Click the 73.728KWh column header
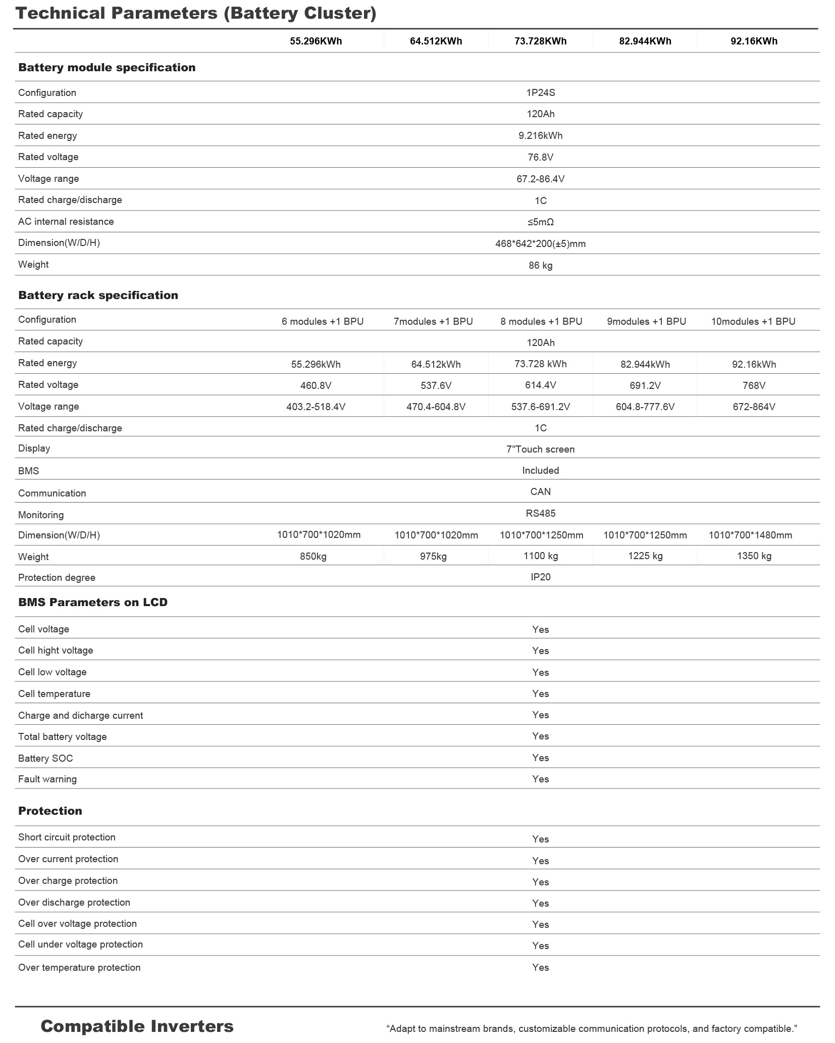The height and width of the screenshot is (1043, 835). pyautogui.click(x=540, y=41)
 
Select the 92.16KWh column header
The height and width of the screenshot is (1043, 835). pyautogui.click(x=754, y=41)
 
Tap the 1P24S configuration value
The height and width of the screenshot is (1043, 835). pyautogui.click(x=540, y=93)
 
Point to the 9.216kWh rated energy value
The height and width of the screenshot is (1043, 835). pyautogui.click(x=540, y=136)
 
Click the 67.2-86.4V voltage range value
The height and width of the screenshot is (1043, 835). pyautogui.click(x=540, y=179)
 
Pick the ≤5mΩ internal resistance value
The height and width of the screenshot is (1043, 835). pyautogui.click(x=540, y=222)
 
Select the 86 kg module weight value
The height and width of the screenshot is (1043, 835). pyautogui.click(x=540, y=266)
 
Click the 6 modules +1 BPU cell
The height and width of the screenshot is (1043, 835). pyautogui.click(x=322, y=322)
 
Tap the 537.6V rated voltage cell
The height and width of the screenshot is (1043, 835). pyautogui.click(x=436, y=386)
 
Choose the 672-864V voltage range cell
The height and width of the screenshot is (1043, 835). pyautogui.click(x=754, y=407)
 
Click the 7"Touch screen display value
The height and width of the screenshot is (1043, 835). pyautogui.click(x=540, y=450)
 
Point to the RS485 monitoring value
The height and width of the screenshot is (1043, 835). pyautogui.click(x=540, y=514)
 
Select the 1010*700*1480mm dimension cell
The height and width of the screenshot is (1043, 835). pyautogui.click(x=750, y=535)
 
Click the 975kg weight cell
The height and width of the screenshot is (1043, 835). pyautogui.click(x=433, y=557)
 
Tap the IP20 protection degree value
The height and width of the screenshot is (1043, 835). pyautogui.click(x=540, y=577)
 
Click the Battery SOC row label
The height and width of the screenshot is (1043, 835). pyautogui.click(x=45, y=759)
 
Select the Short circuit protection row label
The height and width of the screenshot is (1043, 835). pyautogui.click(x=67, y=837)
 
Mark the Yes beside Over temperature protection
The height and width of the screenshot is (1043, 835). pyautogui.click(x=540, y=968)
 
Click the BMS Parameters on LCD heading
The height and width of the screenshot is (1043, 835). pyautogui.click(x=93, y=603)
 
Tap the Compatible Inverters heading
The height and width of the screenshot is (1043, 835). pyautogui.click(x=137, y=1026)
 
